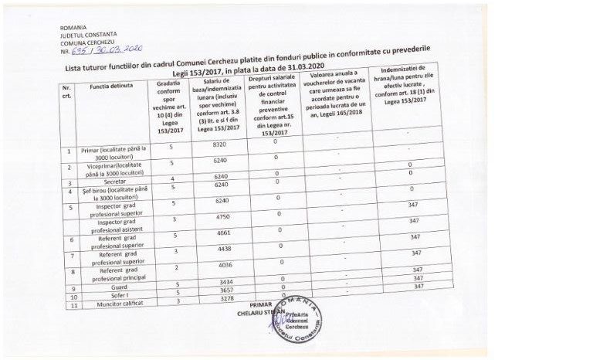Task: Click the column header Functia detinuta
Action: pyautogui.click(x=110, y=87)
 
